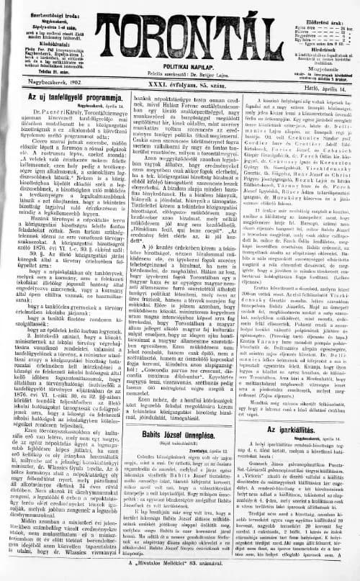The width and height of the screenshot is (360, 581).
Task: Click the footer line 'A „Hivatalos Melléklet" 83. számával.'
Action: point(180,572)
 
